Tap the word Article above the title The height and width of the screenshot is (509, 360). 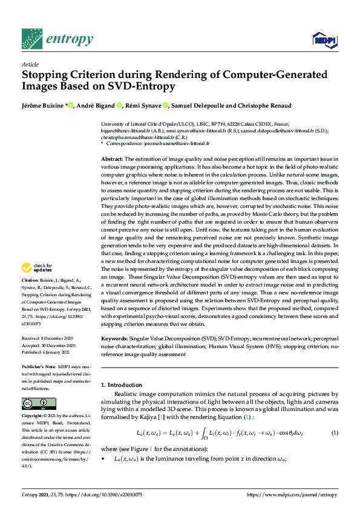[x=30, y=64]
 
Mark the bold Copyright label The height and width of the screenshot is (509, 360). [x=34, y=417]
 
